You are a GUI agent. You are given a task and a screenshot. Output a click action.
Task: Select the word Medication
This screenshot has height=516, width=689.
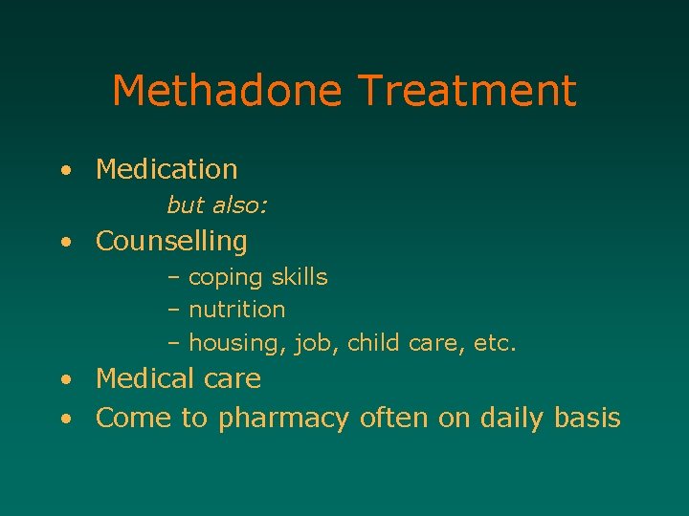(x=167, y=170)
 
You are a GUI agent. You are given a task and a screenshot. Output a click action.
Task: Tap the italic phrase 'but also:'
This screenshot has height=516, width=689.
(x=217, y=205)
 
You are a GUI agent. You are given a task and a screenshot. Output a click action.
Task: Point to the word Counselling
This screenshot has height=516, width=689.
(x=171, y=242)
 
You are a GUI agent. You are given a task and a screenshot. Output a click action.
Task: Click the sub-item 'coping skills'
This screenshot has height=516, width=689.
(x=257, y=278)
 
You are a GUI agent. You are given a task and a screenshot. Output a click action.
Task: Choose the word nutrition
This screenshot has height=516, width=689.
(x=236, y=310)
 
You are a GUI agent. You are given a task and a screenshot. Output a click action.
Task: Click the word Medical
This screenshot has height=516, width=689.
(x=144, y=379)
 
